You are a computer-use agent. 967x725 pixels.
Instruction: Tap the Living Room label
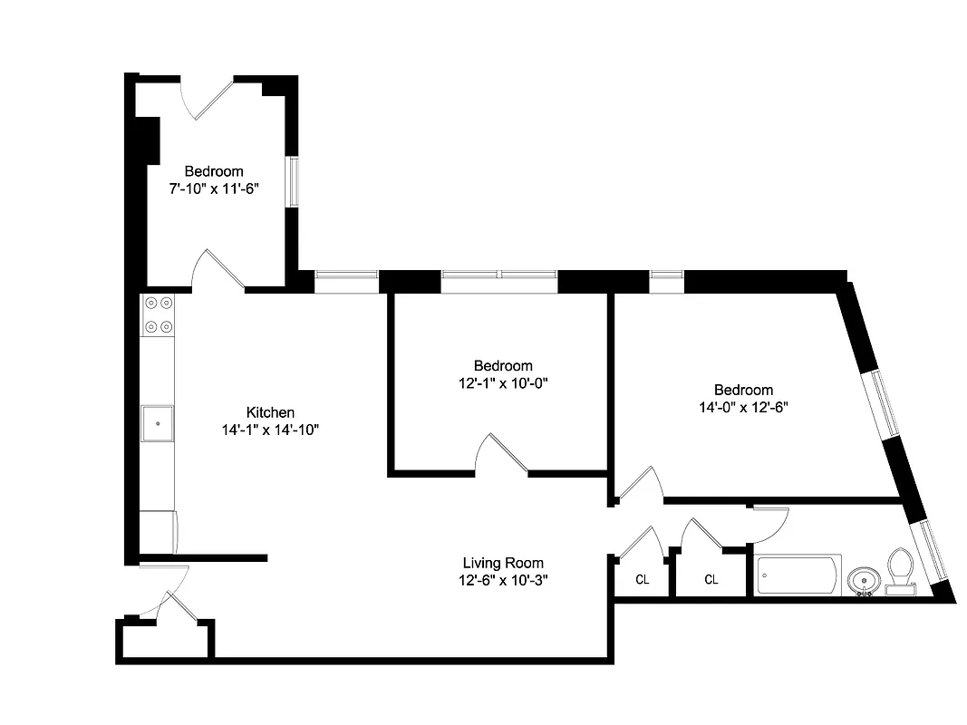point(503,563)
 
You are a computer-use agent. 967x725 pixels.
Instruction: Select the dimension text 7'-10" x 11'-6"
point(214,188)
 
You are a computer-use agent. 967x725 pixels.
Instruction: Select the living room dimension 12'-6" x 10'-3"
point(503,581)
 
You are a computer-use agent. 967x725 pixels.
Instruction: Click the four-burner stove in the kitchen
point(159,314)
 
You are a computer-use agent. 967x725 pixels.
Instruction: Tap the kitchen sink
point(159,422)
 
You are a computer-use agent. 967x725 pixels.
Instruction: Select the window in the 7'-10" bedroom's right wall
point(293,182)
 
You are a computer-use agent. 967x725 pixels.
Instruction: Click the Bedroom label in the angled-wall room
point(743,390)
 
